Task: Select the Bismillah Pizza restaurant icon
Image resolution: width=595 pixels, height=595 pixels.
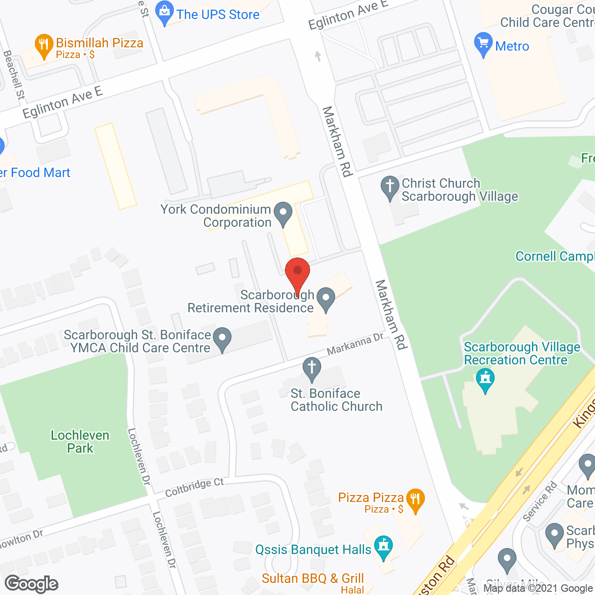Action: click(44, 46)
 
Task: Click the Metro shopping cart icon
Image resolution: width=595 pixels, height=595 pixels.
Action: click(483, 45)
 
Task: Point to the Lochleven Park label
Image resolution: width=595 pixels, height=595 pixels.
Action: click(80, 442)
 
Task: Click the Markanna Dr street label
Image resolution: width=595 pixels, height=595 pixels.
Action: click(355, 344)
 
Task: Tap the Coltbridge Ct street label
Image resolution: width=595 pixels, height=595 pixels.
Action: click(194, 487)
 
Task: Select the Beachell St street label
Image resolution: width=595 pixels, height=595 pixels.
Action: click(14, 74)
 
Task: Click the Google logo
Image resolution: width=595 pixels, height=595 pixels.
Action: click(32, 584)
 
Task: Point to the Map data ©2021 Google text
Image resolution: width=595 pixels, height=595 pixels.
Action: click(538, 588)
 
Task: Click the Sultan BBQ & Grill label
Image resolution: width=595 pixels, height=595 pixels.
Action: click(312, 578)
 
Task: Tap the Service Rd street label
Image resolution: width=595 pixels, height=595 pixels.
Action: click(540, 502)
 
